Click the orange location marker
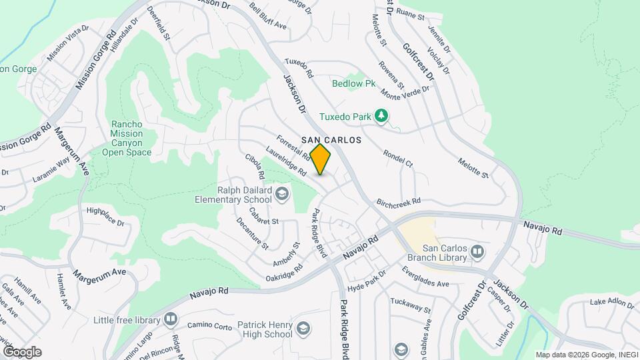click(x=321, y=159)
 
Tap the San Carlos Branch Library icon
click(x=477, y=251)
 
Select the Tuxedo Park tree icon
click(x=381, y=117)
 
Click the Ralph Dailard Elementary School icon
click(x=282, y=194)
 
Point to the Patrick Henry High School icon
click(x=303, y=329)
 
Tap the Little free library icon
click(x=170, y=321)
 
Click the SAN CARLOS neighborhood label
click(x=331, y=140)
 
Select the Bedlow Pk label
click(x=355, y=83)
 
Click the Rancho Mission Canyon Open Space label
click(x=127, y=138)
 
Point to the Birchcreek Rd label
click(x=399, y=201)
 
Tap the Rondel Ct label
click(x=398, y=158)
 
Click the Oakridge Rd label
click(x=284, y=272)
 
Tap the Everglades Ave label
click(x=425, y=277)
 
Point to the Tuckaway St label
click(x=410, y=304)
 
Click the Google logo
click(x=22, y=352)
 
